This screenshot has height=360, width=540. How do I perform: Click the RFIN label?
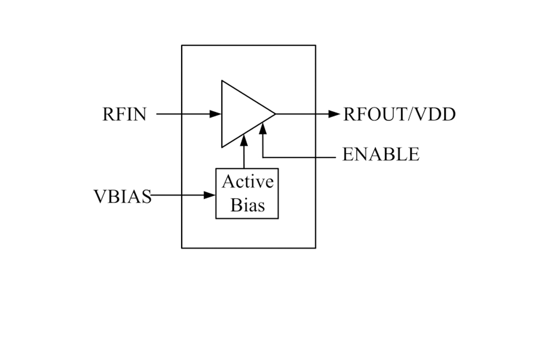(124, 114)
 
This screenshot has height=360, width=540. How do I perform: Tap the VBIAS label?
(123, 197)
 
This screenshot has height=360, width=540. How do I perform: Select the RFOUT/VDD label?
(400, 114)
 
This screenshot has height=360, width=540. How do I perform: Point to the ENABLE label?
(381, 154)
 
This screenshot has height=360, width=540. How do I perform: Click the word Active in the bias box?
(248, 182)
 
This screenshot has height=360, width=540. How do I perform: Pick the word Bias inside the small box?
(248, 205)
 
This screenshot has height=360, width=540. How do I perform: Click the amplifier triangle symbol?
(222, 114)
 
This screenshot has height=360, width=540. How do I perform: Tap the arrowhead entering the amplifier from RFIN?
(215, 114)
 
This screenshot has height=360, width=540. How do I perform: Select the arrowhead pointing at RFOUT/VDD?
(334, 114)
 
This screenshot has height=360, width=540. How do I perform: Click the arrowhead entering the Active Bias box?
(210, 195)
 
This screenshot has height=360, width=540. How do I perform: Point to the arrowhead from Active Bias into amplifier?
(244, 140)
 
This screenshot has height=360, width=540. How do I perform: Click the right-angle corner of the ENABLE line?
(263, 157)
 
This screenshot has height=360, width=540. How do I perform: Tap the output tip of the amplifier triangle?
(275, 114)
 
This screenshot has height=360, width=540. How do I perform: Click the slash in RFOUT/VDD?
(411, 114)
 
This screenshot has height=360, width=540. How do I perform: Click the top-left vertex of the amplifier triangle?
(222, 80)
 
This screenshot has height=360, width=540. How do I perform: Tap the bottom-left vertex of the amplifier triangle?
(222, 148)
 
